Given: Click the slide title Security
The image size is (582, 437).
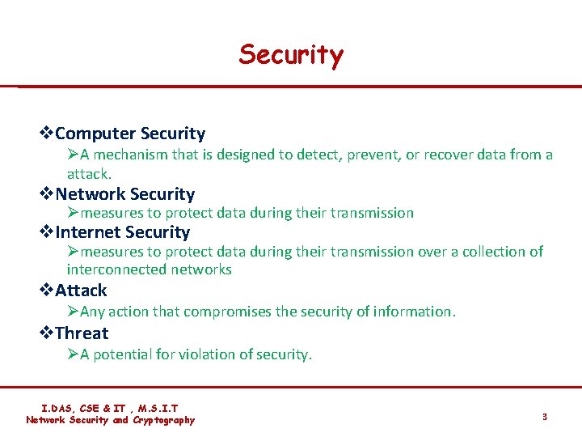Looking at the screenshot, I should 291,55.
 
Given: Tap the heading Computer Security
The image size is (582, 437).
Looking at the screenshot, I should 130,134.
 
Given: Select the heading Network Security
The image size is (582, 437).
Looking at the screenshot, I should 125,194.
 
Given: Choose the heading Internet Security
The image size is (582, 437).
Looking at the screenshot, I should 123,232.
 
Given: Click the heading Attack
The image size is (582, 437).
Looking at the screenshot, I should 81,291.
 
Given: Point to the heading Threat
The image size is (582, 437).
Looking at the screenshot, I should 82,333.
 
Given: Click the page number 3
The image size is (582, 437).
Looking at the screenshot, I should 545,417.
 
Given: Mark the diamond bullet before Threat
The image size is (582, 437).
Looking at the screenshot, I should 47,333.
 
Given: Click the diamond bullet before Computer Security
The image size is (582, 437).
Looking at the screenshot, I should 47,134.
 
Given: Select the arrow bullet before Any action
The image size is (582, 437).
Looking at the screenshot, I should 73,312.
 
